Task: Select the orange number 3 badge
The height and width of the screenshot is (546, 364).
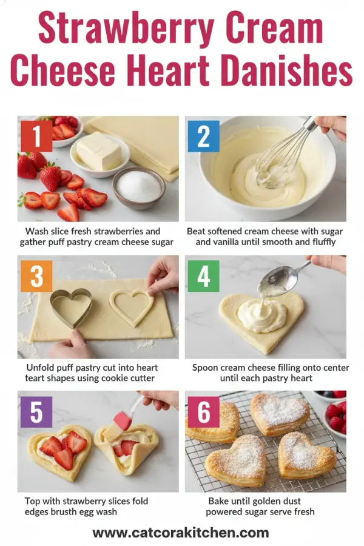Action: click(x=36, y=276)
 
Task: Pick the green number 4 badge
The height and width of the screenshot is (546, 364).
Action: click(x=203, y=276)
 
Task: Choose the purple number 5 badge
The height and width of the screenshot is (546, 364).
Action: click(x=36, y=413)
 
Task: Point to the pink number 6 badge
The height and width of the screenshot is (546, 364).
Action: click(x=204, y=413)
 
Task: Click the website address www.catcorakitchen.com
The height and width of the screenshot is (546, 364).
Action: click(x=180, y=533)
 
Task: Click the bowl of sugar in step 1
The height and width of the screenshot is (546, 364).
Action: click(x=138, y=187)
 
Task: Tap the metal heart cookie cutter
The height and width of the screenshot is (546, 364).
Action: click(x=70, y=307)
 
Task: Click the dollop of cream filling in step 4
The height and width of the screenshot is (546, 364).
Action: click(x=261, y=315)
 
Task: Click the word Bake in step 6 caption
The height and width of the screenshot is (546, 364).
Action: click(x=220, y=501)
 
